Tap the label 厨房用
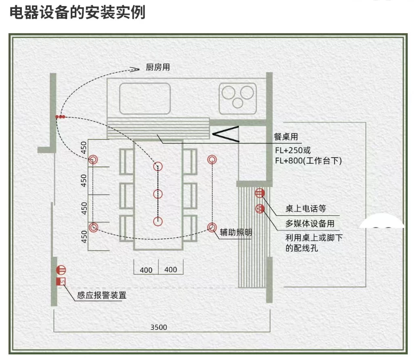(158, 67)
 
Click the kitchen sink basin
(144, 98)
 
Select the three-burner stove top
(237, 98)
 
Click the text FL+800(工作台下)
(308, 161)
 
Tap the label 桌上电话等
(305, 209)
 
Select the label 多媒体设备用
(310, 223)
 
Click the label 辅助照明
(236, 232)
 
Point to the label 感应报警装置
(102, 295)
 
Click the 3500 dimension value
(158, 327)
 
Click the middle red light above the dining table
(158, 194)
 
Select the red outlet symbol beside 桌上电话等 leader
(260, 193)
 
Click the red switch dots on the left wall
(60, 117)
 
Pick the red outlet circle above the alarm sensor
(61, 270)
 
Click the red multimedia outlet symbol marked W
(260, 208)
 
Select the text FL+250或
(293, 150)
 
